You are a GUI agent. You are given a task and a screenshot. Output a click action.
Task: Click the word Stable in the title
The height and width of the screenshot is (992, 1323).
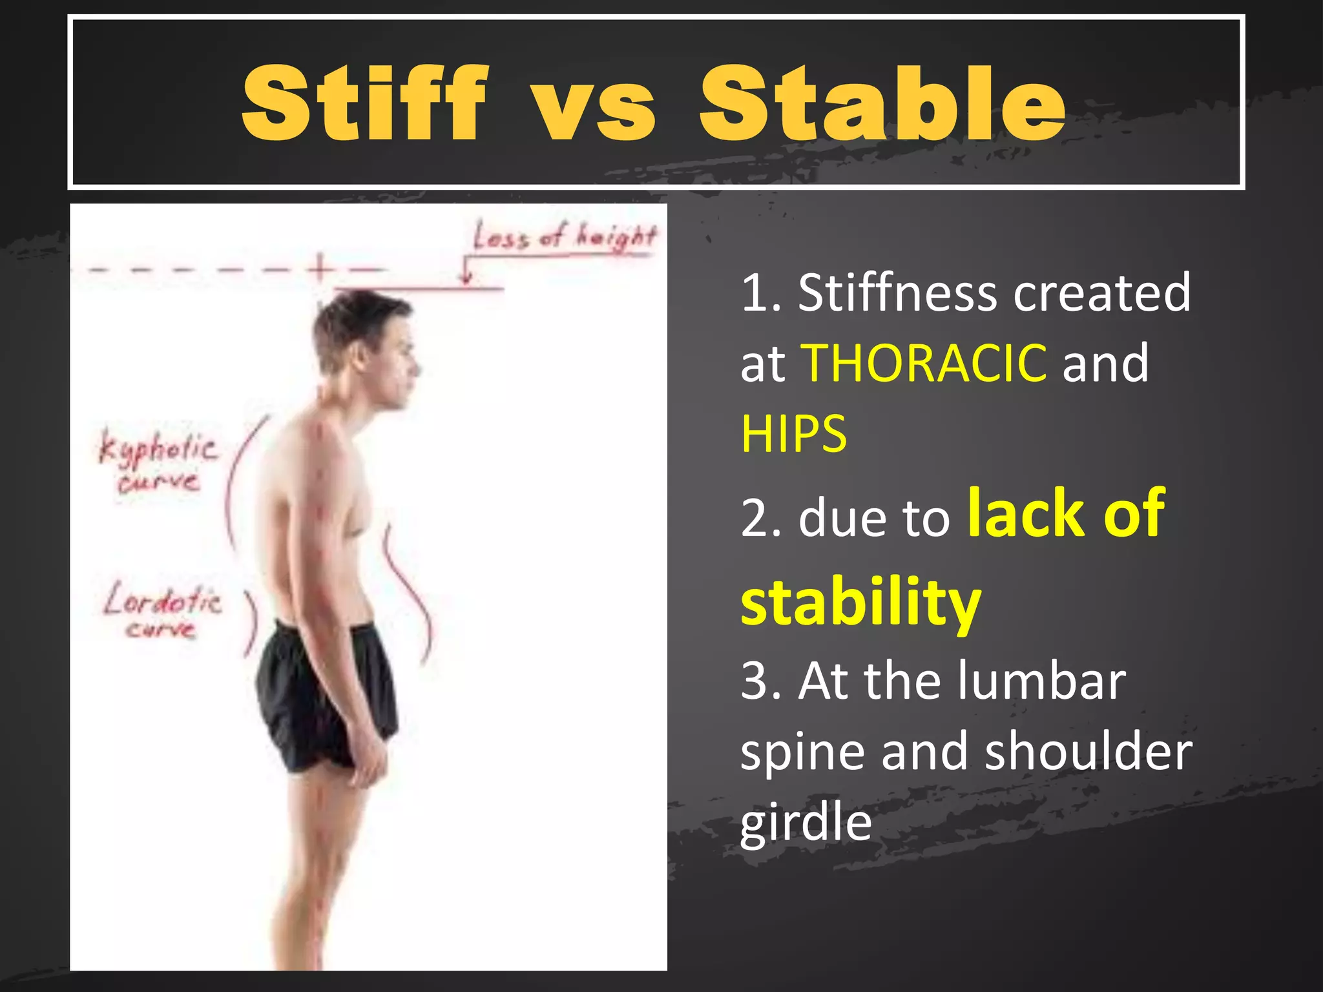point(882,103)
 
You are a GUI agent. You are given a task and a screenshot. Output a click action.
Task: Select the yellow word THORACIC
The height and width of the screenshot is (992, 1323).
point(924,364)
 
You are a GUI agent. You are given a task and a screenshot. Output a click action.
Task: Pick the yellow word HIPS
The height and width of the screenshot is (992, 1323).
point(793,434)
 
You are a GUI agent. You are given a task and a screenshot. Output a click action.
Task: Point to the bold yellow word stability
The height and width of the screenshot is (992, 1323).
point(860,602)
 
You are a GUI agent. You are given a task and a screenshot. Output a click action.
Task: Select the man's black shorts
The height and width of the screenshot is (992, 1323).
point(326,694)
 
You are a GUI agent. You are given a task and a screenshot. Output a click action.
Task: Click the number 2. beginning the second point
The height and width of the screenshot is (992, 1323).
point(761,519)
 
